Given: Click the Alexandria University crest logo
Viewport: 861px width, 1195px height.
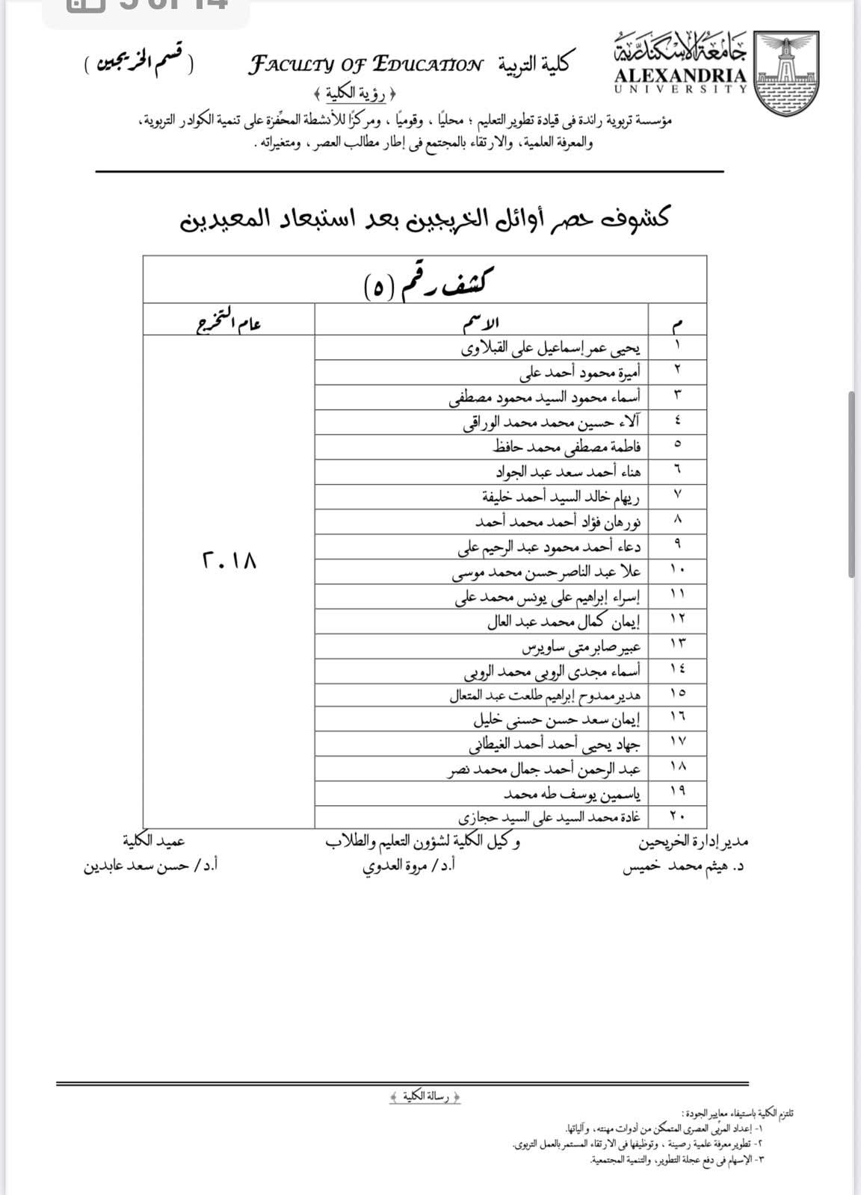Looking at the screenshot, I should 786,73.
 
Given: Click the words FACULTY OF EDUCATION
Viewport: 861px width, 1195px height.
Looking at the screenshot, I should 365,65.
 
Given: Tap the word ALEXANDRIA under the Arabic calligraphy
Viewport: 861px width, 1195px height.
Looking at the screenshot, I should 680,75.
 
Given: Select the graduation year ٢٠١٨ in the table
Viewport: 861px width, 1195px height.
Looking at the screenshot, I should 229,560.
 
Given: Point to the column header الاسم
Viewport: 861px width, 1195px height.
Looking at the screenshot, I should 482,323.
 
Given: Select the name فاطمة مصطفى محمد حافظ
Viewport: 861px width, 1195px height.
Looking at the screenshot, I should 567,447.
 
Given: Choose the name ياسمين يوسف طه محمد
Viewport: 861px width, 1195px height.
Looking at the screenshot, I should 572,792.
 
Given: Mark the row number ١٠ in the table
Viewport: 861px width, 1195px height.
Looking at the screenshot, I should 677,571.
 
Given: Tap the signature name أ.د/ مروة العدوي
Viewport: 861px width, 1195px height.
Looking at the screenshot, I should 409,866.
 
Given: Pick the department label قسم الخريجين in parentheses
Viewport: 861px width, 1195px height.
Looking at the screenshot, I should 138,65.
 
